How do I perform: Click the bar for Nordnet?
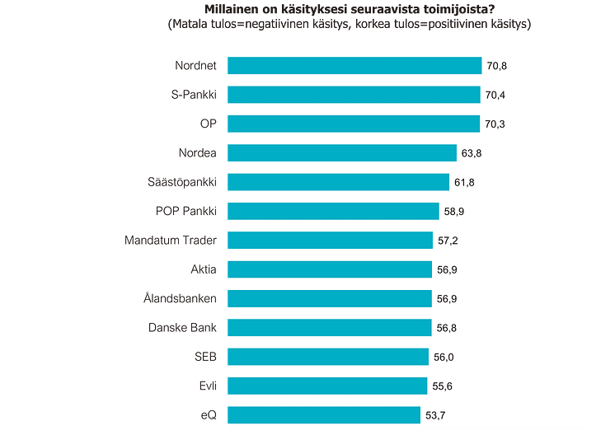[354, 66]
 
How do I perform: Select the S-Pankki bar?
[353, 95]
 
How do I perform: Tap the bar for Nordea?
[341, 153]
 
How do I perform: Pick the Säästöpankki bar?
[338, 182]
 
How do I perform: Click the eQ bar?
[324, 415]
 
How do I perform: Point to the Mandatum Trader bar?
[330, 241]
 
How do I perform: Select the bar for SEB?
[327, 357]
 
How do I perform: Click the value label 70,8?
[497, 66]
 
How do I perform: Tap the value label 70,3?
[495, 124]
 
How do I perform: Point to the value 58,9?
[454, 212]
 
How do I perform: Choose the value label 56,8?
[447, 328]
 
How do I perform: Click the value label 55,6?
[443, 386]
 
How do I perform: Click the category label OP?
[208, 124]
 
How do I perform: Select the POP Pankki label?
[186, 212]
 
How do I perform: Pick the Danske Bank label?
[183, 328]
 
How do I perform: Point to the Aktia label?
[203, 269]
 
